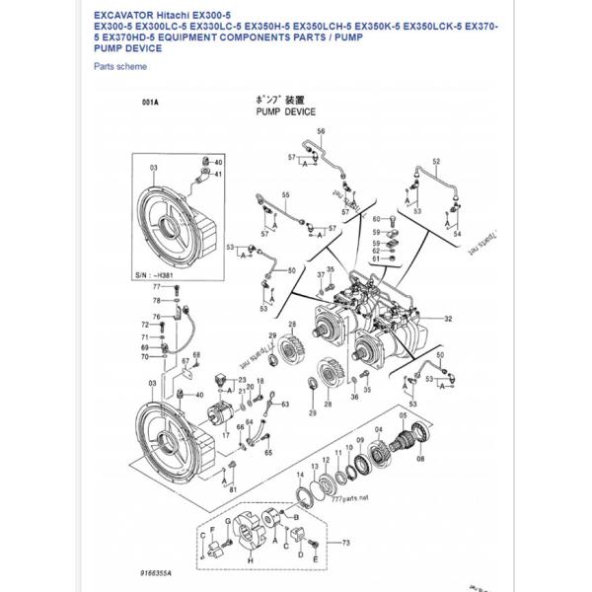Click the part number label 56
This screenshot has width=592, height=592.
point(321,131)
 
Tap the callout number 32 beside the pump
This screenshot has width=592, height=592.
point(448,319)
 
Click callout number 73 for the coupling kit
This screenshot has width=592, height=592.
point(345,543)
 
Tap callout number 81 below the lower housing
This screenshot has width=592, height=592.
point(233,488)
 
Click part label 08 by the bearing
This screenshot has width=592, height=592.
point(422,459)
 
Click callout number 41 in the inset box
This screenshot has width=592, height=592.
point(217,175)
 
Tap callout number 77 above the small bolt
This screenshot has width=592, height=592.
point(155,285)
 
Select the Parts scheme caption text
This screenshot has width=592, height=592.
point(119,66)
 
